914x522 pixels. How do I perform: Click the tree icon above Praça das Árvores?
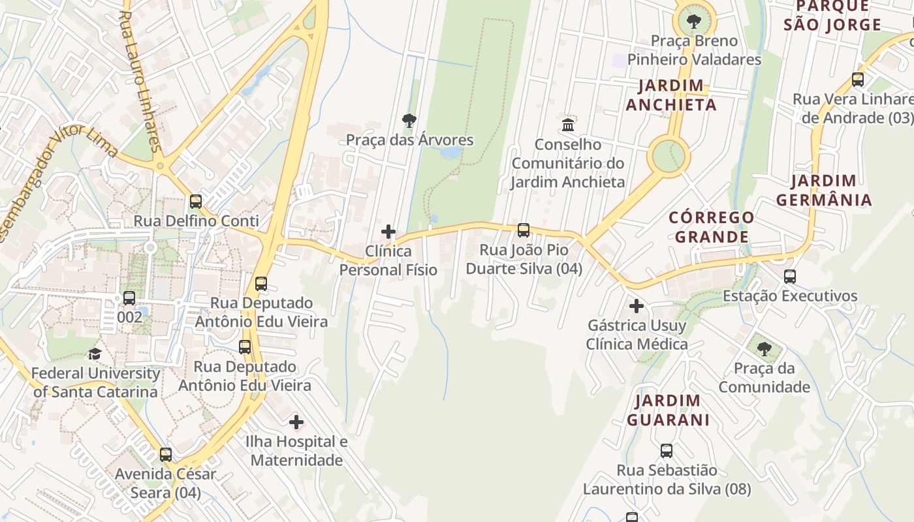(409, 121)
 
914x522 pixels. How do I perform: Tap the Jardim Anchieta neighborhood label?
(671, 95)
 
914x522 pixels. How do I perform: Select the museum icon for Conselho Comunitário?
(568, 125)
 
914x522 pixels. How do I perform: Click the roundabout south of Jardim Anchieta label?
(668, 157)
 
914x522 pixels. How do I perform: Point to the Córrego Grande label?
(712, 227)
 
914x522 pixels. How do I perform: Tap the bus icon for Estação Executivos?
(790, 277)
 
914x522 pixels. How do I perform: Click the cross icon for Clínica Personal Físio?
(388, 232)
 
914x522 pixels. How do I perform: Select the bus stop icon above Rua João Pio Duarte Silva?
(524, 230)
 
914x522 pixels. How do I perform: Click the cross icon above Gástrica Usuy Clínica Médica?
(637, 305)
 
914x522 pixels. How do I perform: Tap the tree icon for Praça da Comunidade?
(764, 349)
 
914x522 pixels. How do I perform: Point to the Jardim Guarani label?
(668, 410)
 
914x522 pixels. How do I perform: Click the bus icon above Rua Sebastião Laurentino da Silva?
(667, 451)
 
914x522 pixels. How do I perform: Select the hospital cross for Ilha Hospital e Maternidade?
(296, 422)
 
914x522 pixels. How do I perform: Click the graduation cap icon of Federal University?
(95, 354)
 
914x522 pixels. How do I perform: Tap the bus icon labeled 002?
(129, 298)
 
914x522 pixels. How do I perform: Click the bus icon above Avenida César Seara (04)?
(166, 455)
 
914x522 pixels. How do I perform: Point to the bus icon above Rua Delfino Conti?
(196, 202)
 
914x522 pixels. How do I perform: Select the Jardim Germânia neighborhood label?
(824, 190)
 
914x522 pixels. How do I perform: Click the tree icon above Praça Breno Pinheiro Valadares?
(694, 22)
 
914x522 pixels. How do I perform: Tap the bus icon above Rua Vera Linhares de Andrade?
(858, 80)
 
